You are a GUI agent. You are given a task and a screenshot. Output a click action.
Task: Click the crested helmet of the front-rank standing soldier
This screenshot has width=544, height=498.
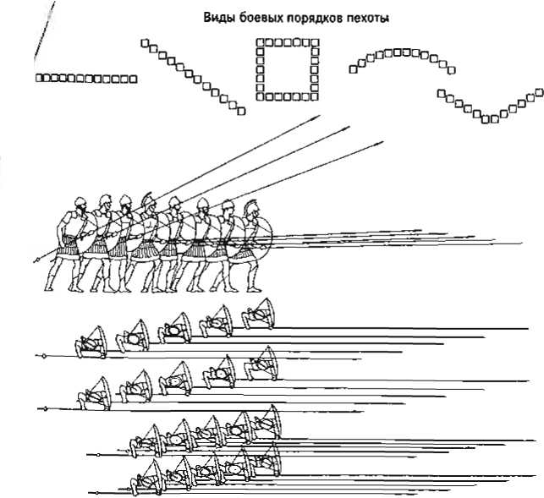click(x=251, y=211)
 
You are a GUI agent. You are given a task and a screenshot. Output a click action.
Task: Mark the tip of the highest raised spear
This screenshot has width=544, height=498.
click(x=316, y=123)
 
